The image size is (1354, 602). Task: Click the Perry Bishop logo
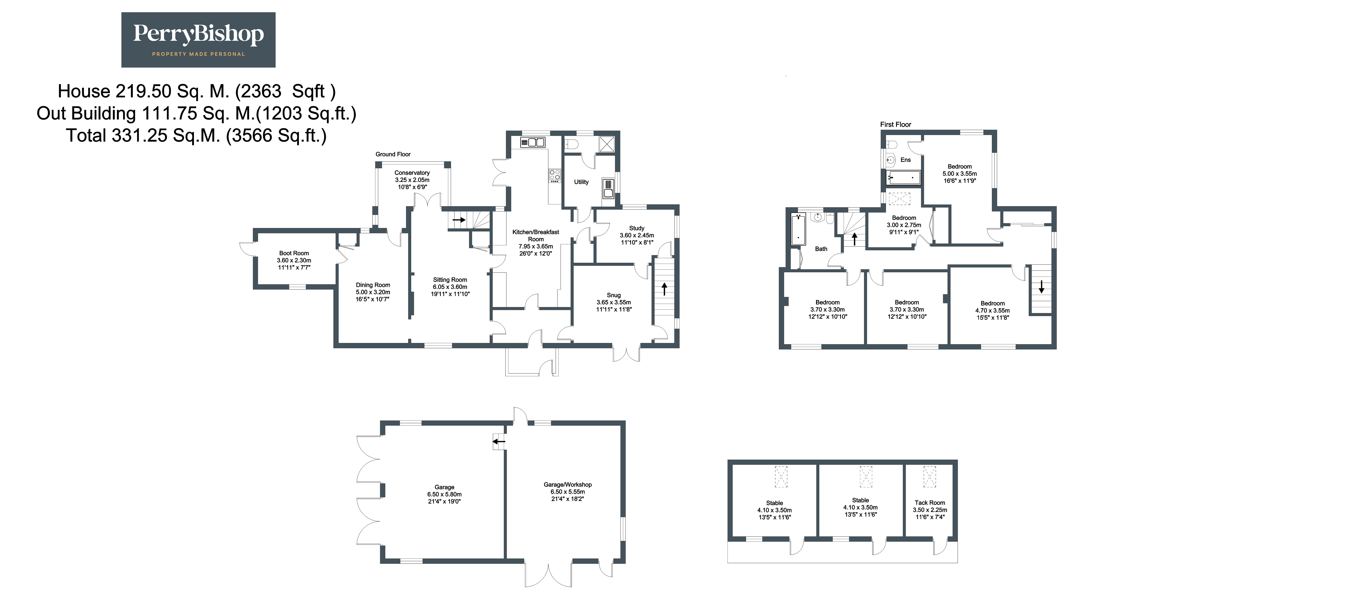198,40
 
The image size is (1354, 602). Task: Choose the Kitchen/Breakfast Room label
536,236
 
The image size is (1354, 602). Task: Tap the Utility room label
581,182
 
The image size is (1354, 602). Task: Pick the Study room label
637,228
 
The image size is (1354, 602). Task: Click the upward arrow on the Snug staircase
664,289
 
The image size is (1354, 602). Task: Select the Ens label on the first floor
906,160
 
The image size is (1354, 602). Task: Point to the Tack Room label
930,503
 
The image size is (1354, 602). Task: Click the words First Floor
896,125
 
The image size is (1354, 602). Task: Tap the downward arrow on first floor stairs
1041,287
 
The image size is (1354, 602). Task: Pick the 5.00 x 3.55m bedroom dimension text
960,174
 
